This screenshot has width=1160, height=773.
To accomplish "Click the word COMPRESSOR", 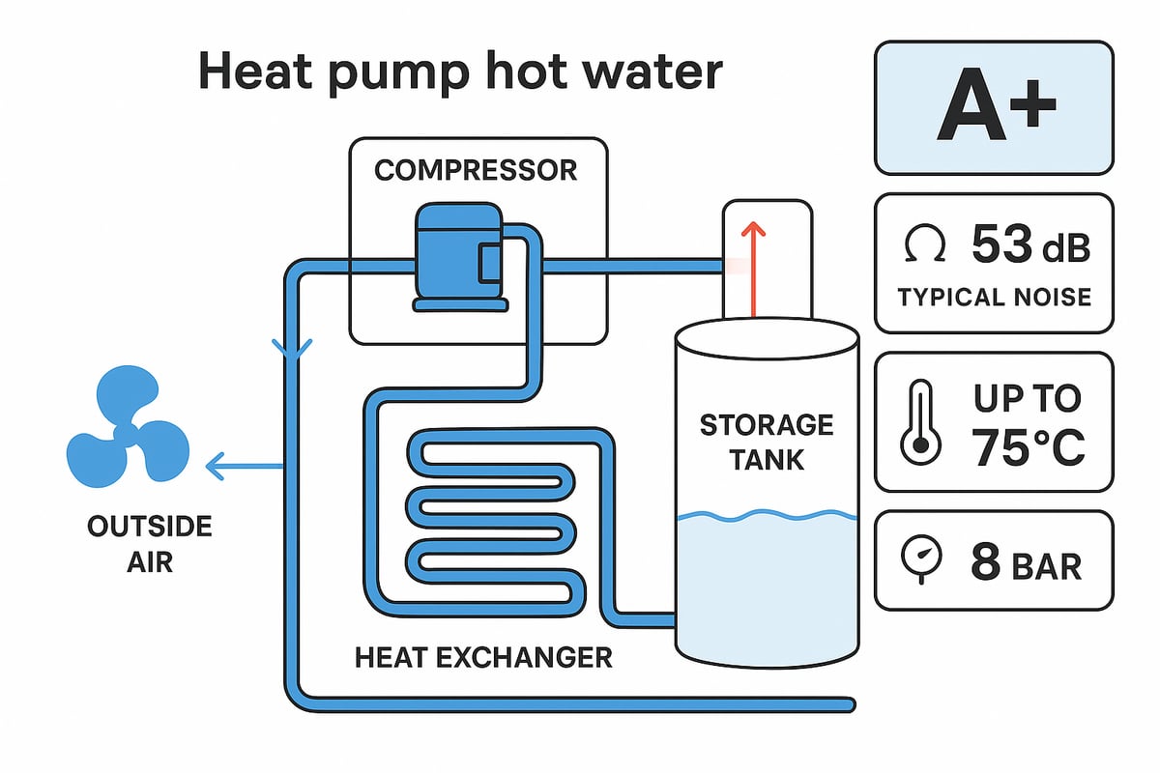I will [476, 171].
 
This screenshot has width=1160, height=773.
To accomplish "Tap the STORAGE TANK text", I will [766, 441].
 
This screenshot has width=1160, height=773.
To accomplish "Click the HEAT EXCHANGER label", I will [483, 658].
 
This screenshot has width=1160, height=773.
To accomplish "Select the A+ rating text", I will [994, 108].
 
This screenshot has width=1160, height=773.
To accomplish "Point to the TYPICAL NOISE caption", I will [994, 297].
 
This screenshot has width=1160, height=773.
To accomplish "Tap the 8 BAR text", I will [1026, 562].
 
